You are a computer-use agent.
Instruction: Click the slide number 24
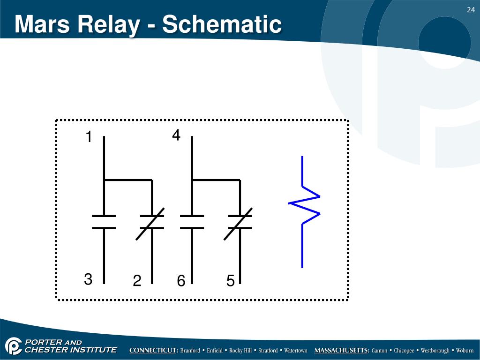click(470, 10)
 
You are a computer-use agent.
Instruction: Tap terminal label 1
click(88, 137)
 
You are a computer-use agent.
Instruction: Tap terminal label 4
click(176, 135)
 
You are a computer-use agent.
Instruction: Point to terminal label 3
click(88, 280)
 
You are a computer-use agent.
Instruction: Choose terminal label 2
click(137, 281)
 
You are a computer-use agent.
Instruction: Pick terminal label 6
click(181, 281)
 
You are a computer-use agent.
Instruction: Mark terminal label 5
click(230, 281)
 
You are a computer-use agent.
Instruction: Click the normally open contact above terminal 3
click(104, 222)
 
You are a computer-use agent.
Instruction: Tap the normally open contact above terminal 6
click(192, 222)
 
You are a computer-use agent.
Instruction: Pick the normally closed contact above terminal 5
click(240, 222)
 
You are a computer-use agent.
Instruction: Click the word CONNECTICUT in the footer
click(153, 351)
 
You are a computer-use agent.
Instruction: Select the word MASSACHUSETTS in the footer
click(342, 351)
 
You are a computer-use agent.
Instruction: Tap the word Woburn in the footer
click(465, 351)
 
